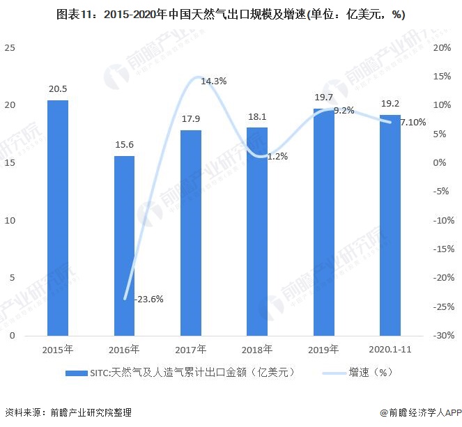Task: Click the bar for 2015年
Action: pyautogui.click(x=58, y=217)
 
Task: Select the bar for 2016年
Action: pyautogui.click(x=124, y=245)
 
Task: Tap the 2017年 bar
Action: pyautogui.click(x=190, y=232)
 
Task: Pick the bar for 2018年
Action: pyautogui.click(x=256, y=231)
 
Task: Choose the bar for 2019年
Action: pyautogui.click(x=323, y=222)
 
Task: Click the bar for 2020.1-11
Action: pyautogui.click(x=390, y=224)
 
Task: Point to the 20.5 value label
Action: pyautogui.click(x=58, y=89)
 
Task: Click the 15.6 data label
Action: pyautogui.click(x=124, y=145)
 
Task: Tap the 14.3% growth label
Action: pyautogui.click(x=213, y=81)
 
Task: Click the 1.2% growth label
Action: pyautogui.click(x=277, y=156)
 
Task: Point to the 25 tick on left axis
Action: pyautogui.click(x=9, y=47)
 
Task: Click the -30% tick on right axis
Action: pyautogui.click(x=443, y=336)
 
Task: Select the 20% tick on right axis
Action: pyautogui.click(x=442, y=47)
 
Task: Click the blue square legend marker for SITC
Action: pyautogui.click(x=70, y=373)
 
